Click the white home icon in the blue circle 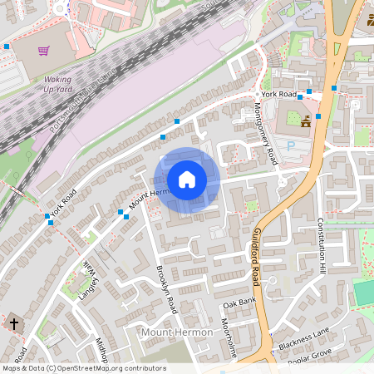(186, 179)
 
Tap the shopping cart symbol (43, 51)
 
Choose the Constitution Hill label (321, 246)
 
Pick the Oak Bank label (238, 302)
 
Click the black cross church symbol (13, 322)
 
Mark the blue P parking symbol (291, 145)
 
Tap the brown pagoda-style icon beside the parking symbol (306, 121)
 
